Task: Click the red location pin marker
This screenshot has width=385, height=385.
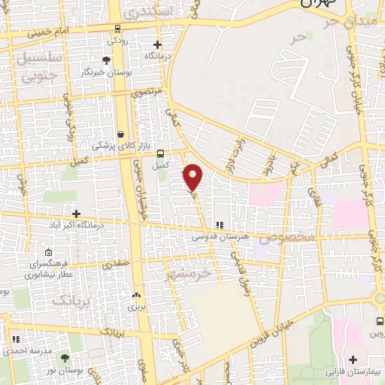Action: click(193, 177)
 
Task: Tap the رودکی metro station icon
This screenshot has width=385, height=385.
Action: click(117, 29)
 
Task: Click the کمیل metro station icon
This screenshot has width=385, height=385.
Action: click(159, 153)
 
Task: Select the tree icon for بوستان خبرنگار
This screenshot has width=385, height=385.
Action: click(106, 60)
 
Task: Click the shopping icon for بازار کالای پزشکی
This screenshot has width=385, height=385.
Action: click(120, 132)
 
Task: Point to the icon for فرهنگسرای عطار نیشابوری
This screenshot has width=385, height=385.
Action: click(48, 253)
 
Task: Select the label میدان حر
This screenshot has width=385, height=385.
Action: click(358, 22)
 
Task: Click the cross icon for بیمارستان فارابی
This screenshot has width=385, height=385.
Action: click(353, 359)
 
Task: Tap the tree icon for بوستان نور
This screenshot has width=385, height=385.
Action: click(64, 359)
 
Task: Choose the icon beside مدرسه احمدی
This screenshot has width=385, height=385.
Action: click(15, 339)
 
